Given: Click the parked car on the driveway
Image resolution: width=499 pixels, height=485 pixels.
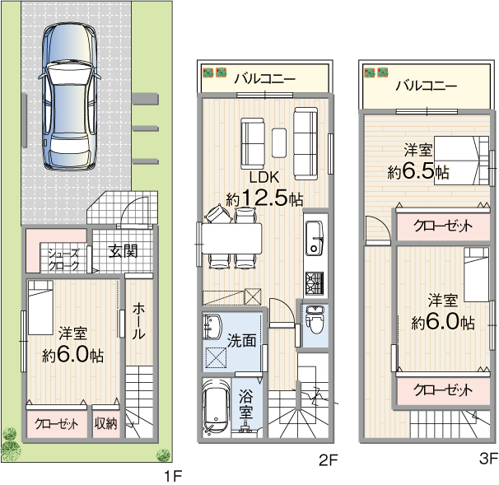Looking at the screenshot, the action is tap(70, 97).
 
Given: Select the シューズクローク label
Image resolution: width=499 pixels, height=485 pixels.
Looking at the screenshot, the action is tap(63, 259).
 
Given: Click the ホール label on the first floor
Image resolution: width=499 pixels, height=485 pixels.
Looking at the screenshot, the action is tap(139, 321).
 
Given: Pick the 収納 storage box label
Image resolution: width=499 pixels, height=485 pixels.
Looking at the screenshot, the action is tap(105, 423).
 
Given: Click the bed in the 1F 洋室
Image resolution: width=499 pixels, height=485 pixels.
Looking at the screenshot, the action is tap(40, 307).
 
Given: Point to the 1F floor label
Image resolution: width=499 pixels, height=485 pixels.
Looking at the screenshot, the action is tap(173, 477).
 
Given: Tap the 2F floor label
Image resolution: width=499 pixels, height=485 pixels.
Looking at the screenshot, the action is tap(328, 459).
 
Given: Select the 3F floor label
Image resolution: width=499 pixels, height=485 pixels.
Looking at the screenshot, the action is tap(488, 459).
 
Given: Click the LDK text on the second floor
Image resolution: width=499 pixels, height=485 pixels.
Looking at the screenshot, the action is tap(264, 177).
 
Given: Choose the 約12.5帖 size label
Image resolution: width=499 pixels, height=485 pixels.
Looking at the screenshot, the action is tap(264, 198).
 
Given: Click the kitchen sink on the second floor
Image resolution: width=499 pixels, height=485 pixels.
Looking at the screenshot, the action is tap(315, 238).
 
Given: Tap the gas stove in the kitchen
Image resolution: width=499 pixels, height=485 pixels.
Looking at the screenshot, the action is tap(315, 283).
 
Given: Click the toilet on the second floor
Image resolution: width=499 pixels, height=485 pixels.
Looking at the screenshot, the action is tap(315, 319).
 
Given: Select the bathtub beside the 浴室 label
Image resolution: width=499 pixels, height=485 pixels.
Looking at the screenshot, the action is tap(217, 407).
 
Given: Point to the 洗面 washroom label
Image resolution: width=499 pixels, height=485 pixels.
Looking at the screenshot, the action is tap(241, 341).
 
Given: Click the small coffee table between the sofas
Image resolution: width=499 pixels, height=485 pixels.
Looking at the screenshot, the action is tap(279, 142).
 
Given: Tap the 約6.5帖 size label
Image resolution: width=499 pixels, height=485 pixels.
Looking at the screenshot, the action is tap(417, 172).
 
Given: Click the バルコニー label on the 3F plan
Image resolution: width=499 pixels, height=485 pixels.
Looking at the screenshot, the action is tap(427, 86).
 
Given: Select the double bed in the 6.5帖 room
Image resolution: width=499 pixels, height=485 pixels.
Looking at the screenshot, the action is tap(461, 161).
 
